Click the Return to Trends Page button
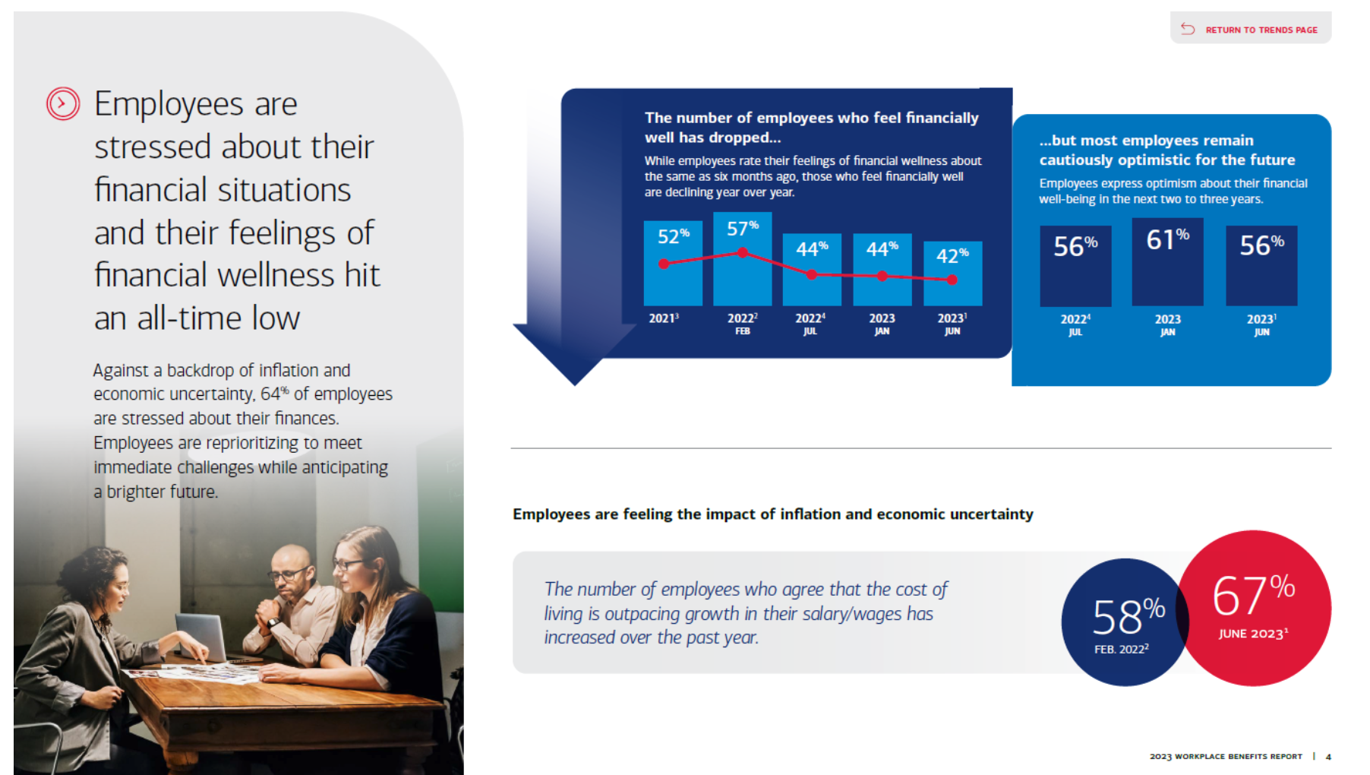1250,28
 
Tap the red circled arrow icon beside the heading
63,104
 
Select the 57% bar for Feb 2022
742,259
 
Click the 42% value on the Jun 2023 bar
952,255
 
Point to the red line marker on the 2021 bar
664,264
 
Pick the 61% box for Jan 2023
1167,262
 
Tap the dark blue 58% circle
1124,622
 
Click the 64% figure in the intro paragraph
274,394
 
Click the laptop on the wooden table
200,635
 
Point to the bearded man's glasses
289,574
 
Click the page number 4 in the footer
1328,757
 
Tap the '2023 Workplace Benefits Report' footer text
1226,757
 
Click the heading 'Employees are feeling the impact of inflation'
773,514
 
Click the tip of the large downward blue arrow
575,385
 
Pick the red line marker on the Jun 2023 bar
952,280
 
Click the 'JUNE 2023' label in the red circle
1253,634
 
